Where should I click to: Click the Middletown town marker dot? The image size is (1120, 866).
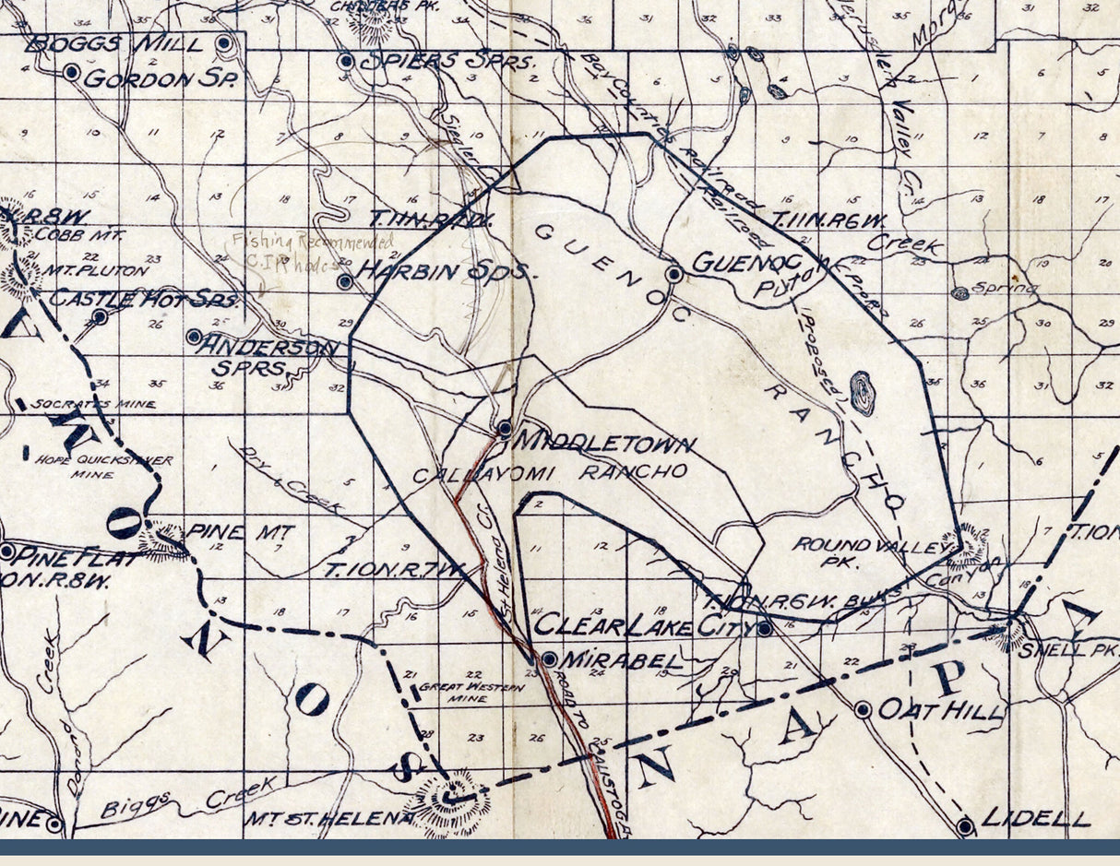click(x=505, y=428)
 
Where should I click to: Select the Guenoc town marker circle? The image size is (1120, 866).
click(x=674, y=274)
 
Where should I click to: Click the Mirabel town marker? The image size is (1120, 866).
click(x=549, y=659)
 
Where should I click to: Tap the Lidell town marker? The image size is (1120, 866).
click(x=965, y=826)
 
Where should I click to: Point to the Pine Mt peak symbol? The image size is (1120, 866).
click(x=165, y=542)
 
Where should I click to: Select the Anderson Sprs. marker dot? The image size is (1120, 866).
click(x=194, y=337)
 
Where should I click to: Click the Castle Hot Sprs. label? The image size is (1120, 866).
click(x=143, y=299)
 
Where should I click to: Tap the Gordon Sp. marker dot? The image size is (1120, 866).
click(x=71, y=72)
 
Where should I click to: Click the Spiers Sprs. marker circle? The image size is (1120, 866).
click(x=346, y=62)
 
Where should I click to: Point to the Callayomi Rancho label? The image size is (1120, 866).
click(x=549, y=472)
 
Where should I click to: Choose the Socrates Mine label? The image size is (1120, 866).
click(x=93, y=404)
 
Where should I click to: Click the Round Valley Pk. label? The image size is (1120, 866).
click(x=871, y=552)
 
